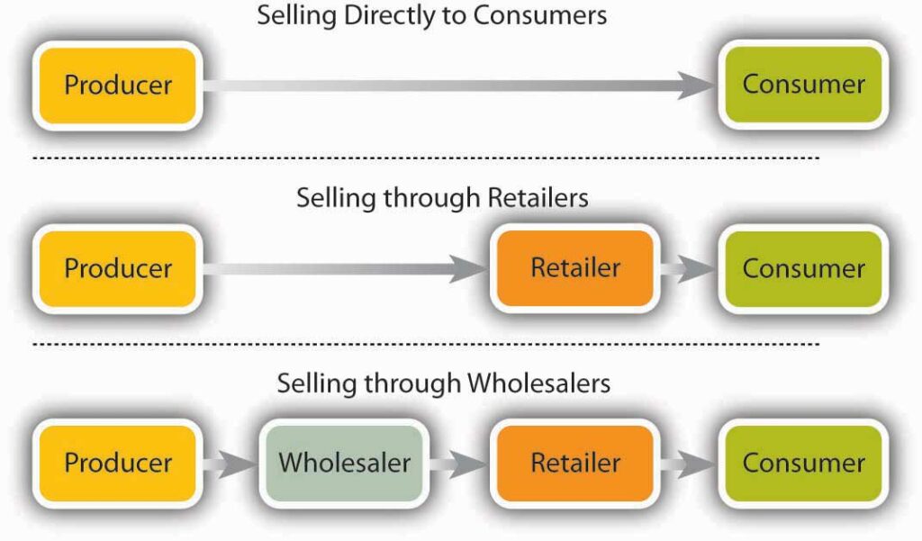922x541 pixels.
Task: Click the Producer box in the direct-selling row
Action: (117, 86)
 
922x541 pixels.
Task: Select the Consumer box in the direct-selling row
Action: (803, 86)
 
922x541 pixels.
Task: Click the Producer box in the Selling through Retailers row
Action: (117, 269)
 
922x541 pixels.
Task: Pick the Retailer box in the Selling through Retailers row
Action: (574, 269)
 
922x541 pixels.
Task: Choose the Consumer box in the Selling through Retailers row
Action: (803, 269)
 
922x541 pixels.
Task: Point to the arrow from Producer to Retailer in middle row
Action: (342, 269)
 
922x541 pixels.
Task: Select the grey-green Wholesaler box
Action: (344, 464)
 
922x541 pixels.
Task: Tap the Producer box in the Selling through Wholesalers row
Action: (117, 464)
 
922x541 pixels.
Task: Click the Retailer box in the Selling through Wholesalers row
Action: (574, 464)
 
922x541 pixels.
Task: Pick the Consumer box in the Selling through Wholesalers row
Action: (803, 464)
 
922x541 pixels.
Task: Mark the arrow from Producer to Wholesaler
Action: (229, 464)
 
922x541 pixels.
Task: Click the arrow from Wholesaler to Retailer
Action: (457, 464)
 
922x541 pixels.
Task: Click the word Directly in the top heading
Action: (359, 15)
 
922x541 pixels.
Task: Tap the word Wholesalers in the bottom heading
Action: (538, 383)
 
